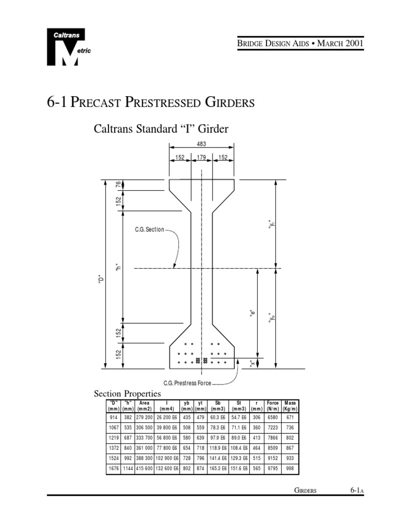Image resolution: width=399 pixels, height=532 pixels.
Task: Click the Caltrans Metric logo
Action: [x=63, y=47]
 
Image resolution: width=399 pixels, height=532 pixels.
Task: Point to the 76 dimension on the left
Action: [x=118, y=184]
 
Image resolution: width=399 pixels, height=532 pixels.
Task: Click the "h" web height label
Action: [x=118, y=268]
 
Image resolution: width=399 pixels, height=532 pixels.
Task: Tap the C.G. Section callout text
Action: [x=150, y=229]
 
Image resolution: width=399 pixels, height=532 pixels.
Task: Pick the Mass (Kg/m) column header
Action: [x=290, y=405]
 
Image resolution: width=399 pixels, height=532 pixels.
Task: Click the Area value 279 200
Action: [x=144, y=418]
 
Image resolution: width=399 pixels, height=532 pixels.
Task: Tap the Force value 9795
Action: [x=273, y=469]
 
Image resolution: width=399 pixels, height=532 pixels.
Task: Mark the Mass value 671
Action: [x=290, y=418]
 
